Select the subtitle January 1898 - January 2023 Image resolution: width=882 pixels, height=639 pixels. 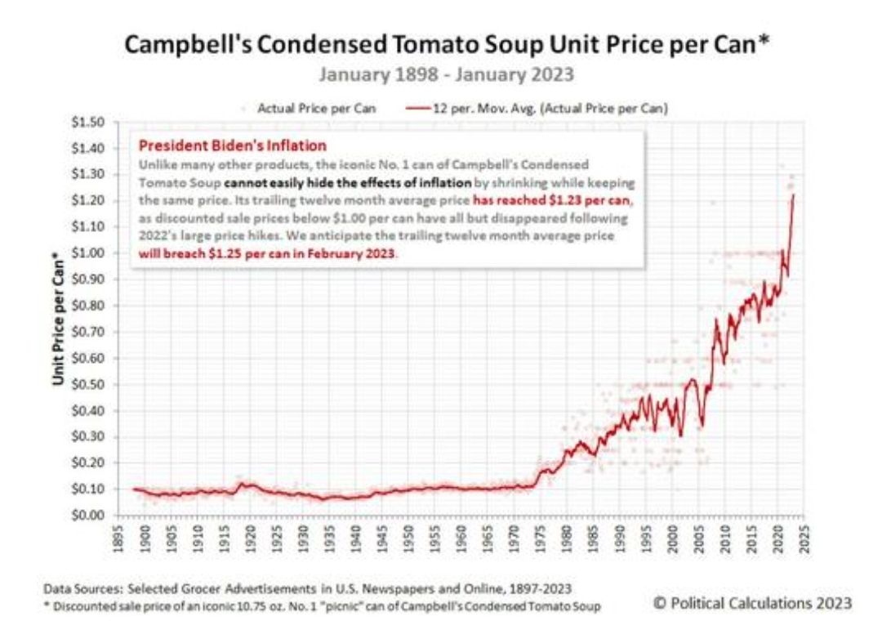(447, 75)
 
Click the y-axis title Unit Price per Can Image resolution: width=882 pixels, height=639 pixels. (59, 319)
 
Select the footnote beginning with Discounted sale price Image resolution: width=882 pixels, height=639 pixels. (323, 606)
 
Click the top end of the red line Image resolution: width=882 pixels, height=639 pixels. (793, 195)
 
